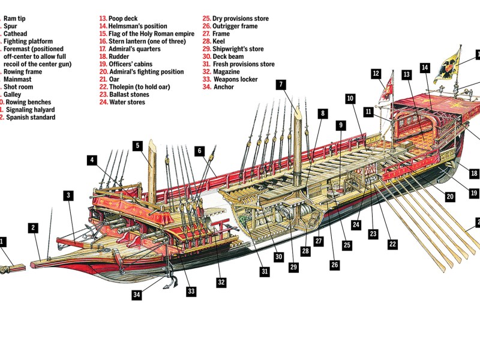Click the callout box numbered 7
[x=280, y=85]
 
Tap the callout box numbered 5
[x=137, y=145]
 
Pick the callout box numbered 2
[x=34, y=227]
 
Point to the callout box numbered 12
[x=376, y=74]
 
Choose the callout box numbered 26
[x=334, y=264]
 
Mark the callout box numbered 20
[x=450, y=196]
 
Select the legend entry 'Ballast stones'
[x=129, y=95]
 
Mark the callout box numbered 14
[x=425, y=68]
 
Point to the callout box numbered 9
[x=341, y=125]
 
